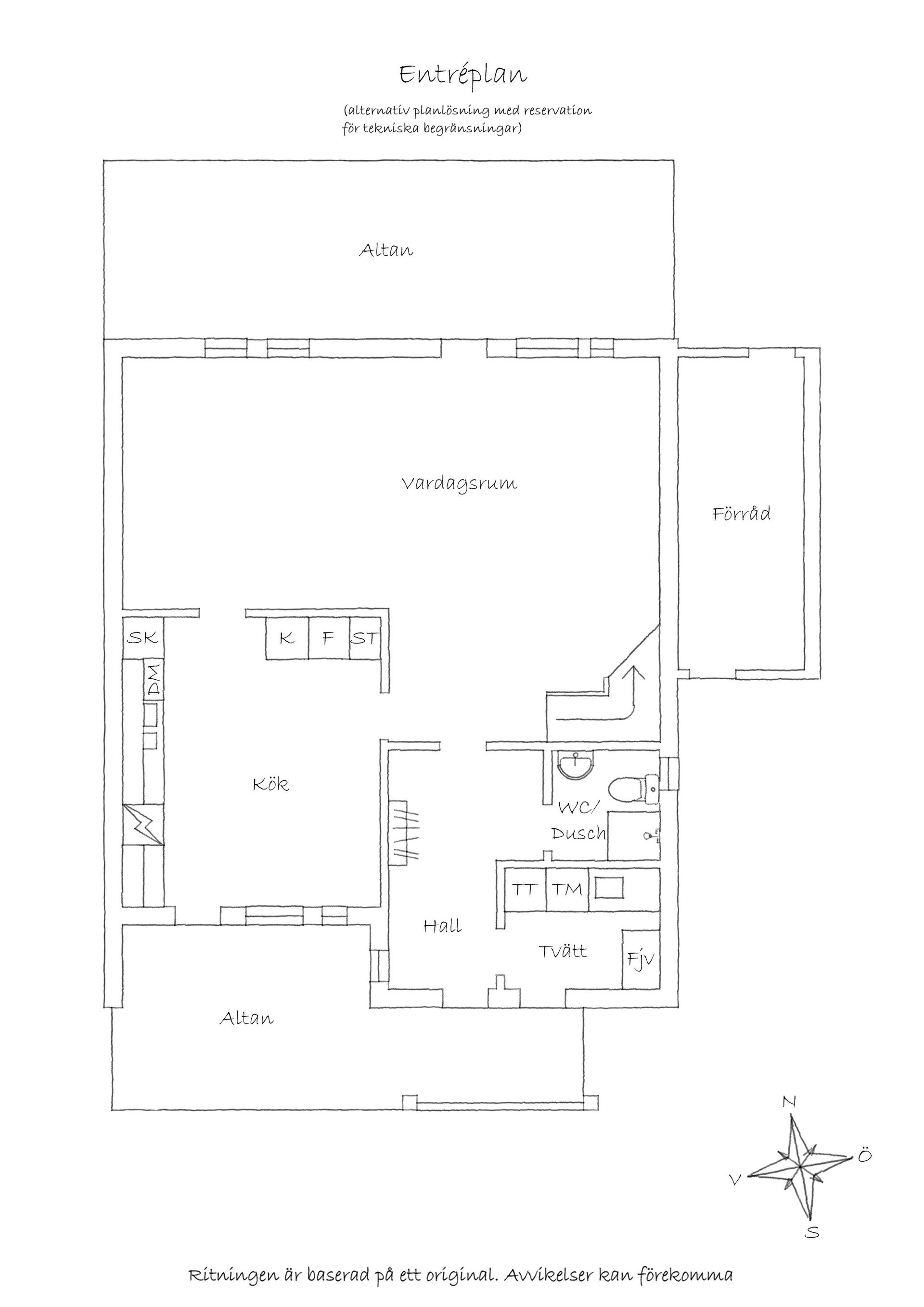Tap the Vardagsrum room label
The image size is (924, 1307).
[x=459, y=484]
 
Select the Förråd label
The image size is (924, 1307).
[x=741, y=514]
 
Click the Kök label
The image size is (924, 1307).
[x=271, y=785]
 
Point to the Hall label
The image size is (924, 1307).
[x=442, y=926]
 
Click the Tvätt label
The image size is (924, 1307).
[x=563, y=951]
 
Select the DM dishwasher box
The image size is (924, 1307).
[x=154, y=679]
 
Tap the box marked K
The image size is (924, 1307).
[x=287, y=639]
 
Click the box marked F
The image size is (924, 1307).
[x=328, y=639]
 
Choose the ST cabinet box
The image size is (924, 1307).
[x=364, y=639]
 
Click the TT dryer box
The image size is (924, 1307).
[x=525, y=889]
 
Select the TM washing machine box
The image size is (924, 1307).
[x=567, y=889]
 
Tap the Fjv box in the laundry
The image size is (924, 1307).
[x=641, y=960]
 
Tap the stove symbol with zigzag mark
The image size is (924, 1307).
[x=143, y=824]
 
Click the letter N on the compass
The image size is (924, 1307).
[x=789, y=1102]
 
